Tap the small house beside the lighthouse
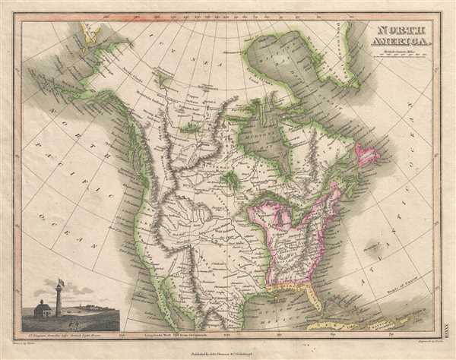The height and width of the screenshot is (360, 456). click(43, 310)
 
